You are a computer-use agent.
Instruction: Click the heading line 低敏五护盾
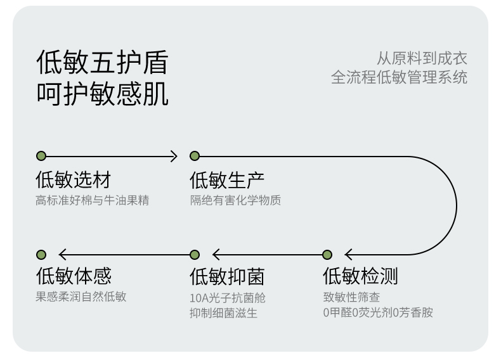[102, 63]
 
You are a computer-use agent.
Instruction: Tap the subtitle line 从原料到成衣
[422, 59]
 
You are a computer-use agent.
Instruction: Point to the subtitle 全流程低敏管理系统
[399, 78]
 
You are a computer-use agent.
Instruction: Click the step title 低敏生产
[227, 179]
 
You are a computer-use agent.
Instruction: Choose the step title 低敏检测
[360, 276]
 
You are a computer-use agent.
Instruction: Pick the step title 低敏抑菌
[227, 276]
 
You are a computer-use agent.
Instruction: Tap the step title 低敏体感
[73, 276]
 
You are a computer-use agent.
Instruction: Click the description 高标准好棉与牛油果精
[93, 200]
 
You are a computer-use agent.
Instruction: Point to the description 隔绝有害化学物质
[235, 200]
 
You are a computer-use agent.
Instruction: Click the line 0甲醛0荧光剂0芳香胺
[378, 312]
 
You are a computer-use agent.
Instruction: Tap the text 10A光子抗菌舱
[228, 297]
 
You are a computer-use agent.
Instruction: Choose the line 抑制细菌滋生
[223, 313]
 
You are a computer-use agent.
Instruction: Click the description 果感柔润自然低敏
[81, 297]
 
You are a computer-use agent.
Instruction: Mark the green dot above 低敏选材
[41, 156]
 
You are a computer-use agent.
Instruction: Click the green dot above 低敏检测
[327, 255]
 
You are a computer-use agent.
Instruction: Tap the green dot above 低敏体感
[41, 255]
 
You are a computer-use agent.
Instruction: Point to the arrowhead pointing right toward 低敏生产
[175, 156]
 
